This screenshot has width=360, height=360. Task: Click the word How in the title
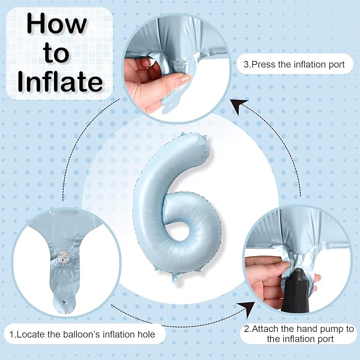pos(57,24)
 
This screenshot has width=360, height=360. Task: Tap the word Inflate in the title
pos(60,82)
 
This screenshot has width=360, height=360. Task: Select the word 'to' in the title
pos(56,53)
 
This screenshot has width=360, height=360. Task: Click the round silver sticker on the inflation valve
pos(63,257)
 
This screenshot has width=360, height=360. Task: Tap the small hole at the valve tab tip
pos(64,302)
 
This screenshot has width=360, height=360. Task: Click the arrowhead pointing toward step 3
pos(239,106)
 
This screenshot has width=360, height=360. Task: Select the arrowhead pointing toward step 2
pos(248,309)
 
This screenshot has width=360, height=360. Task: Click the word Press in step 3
pos(264,65)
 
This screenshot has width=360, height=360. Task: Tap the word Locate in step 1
pos(31,334)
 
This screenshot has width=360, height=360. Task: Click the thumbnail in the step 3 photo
pos(182,78)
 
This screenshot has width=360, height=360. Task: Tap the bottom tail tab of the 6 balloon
pos(175,278)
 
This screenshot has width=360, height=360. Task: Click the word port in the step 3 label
pos(337,65)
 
